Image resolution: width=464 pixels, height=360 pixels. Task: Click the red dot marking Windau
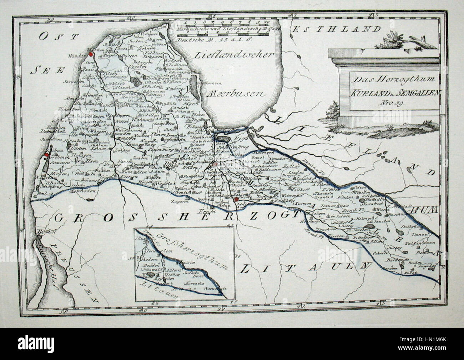point(91,54)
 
